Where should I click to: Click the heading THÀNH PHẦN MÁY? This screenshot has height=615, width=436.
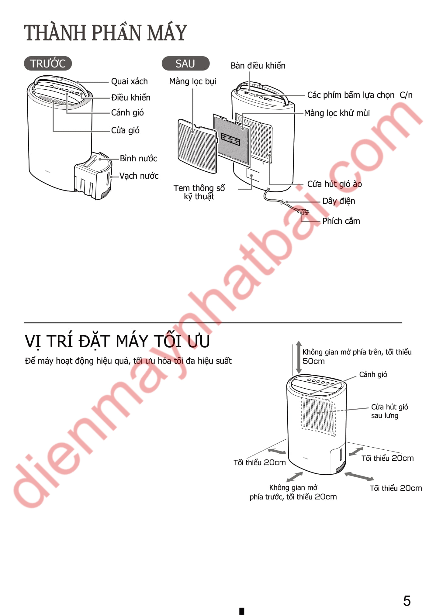tap(105, 33)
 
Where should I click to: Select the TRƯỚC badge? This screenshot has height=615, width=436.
tap(48, 64)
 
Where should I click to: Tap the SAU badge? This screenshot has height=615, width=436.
tap(185, 64)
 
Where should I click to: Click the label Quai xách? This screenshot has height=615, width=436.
tap(130, 81)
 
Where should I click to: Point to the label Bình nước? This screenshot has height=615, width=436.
tap(138, 158)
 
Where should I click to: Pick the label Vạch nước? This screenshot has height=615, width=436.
tap(139, 176)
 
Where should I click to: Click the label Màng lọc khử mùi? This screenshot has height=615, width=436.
tap(337, 113)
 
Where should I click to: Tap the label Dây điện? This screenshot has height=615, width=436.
tap(339, 201)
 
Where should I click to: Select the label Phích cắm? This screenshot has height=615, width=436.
tap(341, 221)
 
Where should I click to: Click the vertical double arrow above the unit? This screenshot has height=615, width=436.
tap(299, 357)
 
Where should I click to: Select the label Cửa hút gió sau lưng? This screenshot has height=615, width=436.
tap(389, 411)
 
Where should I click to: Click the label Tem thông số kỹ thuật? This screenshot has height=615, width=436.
tap(199, 192)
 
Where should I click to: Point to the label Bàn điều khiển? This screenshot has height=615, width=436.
tap(258, 66)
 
